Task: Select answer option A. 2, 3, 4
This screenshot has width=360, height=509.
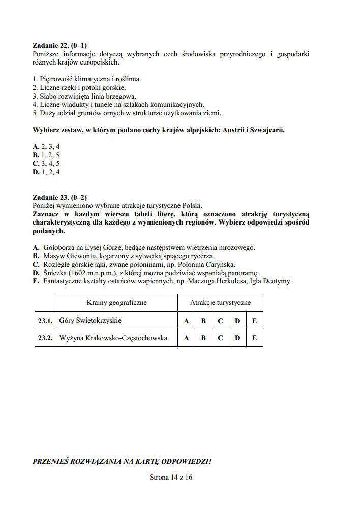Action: pyautogui.click(x=46, y=146)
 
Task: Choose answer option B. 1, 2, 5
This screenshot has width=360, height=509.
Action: pyautogui.click(x=46, y=155)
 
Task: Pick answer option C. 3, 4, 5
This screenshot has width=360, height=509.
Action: pyautogui.click(x=46, y=163)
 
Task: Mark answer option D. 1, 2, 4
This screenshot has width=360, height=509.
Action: pyautogui.click(x=46, y=172)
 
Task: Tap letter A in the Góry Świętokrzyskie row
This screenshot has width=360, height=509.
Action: pyautogui.click(x=186, y=321)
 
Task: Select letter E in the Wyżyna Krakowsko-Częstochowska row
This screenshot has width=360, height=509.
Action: pyautogui.click(x=254, y=338)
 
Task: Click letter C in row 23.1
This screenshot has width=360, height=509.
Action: pyautogui.click(x=220, y=321)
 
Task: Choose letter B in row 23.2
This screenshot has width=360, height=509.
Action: pyautogui.click(x=203, y=338)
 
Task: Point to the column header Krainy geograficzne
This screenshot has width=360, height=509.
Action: pyautogui.click(x=116, y=302)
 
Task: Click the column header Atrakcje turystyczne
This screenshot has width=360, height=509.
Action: pyautogui.click(x=220, y=302)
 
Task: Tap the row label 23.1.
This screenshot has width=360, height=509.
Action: pyautogui.click(x=45, y=321)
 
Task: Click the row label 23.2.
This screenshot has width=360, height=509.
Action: pyautogui.click(x=45, y=338)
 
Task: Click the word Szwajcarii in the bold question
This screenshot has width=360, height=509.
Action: pyautogui.click(x=267, y=130)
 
